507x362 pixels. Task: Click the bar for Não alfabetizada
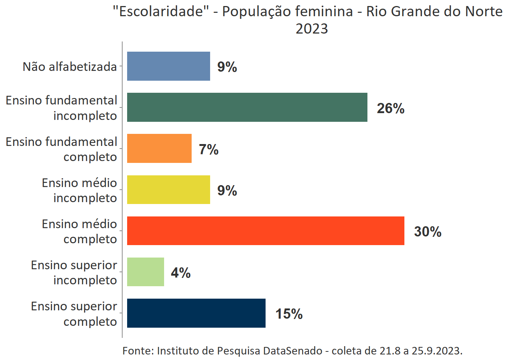click(x=168, y=66)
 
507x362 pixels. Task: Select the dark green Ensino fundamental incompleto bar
click(x=247, y=107)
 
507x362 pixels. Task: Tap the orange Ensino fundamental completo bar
click(x=159, y=149)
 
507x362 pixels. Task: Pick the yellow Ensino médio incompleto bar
click(x=168, y=190)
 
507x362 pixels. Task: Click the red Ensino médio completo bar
click(x=266, y=231)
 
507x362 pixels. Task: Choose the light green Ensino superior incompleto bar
click(x=146, y=272)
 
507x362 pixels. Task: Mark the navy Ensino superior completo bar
click(x=196, y=313)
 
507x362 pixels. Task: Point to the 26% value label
click(x=390, y=109)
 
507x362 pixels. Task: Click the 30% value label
click(x=427, y=232)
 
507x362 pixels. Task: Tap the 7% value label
click(x=209, y=150)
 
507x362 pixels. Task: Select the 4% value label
click(x=181, y=273)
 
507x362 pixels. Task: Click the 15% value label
click(x=289, y=314)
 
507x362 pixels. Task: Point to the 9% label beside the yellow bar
click(x=227, y=191)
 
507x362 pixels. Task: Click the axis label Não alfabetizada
click(x=70, y=67)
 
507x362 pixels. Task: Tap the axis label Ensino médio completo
click(x=80, y=231)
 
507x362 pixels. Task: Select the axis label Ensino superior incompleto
click(x=74, y=272)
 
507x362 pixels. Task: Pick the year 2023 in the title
click(x=312, y=29)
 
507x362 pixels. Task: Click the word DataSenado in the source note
click(x=292, y=351)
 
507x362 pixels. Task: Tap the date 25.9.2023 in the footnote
click(x=436, y=351)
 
